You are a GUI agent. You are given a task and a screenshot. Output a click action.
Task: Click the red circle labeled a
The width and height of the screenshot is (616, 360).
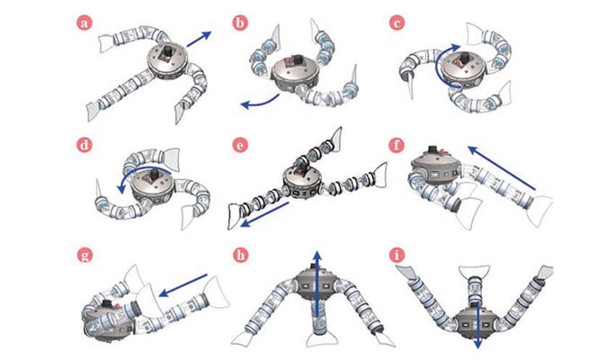pyautogui.click(x=84, y=23)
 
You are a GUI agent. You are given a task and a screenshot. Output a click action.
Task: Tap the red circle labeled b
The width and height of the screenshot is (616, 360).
pyautogui.click(x=240, y=23)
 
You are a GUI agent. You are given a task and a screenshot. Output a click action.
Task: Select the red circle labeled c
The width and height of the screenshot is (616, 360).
pyautogui.click(x=397, y=23)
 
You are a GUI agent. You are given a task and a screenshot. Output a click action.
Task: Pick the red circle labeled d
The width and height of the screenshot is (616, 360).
pyautogui.click(x=84, y=145)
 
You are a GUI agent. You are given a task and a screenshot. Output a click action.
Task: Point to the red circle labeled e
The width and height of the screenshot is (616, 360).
pyautogui.click(x=240, y=145)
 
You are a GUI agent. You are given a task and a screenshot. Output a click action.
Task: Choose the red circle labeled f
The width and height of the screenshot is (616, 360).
pyautogui.click(x=397, y=145)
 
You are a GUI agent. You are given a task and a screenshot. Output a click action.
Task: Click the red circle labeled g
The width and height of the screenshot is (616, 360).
pyautogui.click(x=84, y=256)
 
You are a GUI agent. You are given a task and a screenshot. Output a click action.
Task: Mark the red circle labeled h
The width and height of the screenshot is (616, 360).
pyautogui.click(x=240, y=256)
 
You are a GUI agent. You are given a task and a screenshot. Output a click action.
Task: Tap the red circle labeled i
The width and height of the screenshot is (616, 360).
pyautogui.click(x=397, y=256)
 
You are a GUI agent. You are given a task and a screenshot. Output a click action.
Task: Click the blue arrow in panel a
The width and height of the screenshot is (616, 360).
pyautogui.click(x=199, y=40)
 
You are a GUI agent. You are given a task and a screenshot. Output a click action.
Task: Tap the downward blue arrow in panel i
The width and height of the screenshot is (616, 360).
pyautogui.click(x=478, y=325)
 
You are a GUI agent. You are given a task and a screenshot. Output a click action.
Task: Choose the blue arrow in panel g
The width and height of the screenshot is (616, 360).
pyautogui.click(x=183, y=285)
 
